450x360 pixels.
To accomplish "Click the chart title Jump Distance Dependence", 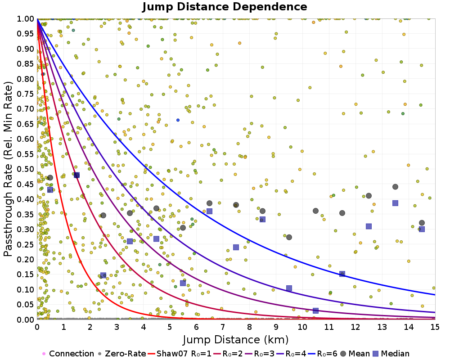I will [x=225, y=7].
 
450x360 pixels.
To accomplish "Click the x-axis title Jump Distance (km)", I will [x=235, y=339].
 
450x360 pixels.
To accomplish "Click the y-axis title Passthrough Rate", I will [x=9, y=169].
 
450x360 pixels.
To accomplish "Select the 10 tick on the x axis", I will [x=302, y=327].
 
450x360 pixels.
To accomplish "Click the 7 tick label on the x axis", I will [x=223, y=327].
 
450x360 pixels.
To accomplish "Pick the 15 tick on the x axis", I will [x=435, y=327].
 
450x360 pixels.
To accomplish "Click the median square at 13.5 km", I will [x=395, y=203].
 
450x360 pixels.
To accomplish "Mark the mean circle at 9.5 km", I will [x=289, y=237].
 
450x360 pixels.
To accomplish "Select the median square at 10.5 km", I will [x=315, y=310].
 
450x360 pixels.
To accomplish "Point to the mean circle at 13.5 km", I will [x=395, y=187].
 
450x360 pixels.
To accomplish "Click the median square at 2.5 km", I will [x=103, y=275].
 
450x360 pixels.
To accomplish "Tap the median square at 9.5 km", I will [x=289, y=288].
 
